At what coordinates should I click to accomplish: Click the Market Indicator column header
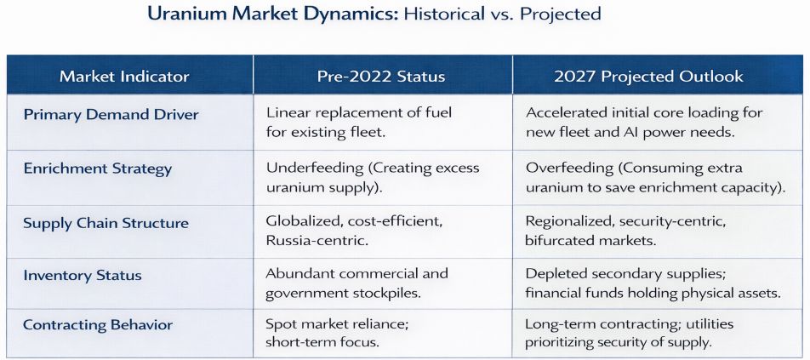[x=124, y=77]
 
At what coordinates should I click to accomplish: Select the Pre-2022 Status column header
[x=381, y=77]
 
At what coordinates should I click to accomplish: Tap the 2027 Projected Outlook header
[x=649, y=77]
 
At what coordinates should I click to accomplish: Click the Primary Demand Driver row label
[x=111, y=114]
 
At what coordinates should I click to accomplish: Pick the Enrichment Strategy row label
[x=98, y=169]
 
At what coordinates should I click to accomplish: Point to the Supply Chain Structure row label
[x=106, y=223]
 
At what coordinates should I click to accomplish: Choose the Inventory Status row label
[x=83, y=275]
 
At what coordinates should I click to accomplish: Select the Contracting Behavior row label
[x=98, y=325]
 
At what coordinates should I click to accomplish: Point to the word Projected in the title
[x=561, y=14]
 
